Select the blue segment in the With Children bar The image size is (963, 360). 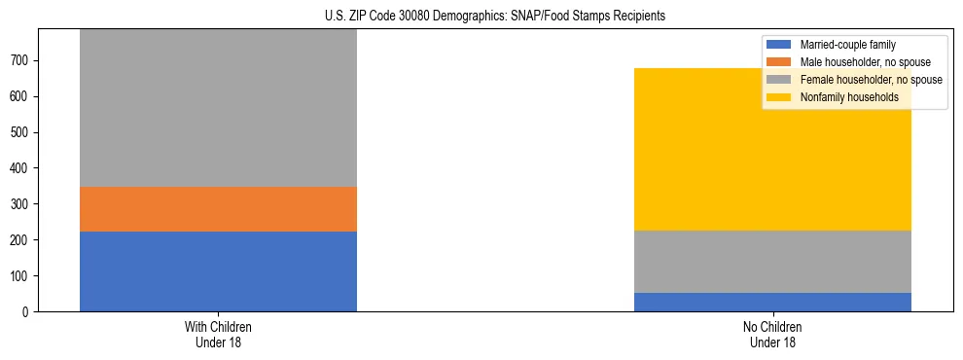coord(218,271)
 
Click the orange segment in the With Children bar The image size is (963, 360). coord(218,209)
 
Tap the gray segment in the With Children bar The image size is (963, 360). coord(218,108)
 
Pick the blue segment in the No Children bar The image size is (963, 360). coord(772,302)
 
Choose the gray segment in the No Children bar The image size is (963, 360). coord(772,262)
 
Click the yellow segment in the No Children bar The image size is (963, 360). coord(772,149)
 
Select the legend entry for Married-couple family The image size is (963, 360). coord(847,45)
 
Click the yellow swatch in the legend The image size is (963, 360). coord(779,97)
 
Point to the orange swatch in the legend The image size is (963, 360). coord(779,62)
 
